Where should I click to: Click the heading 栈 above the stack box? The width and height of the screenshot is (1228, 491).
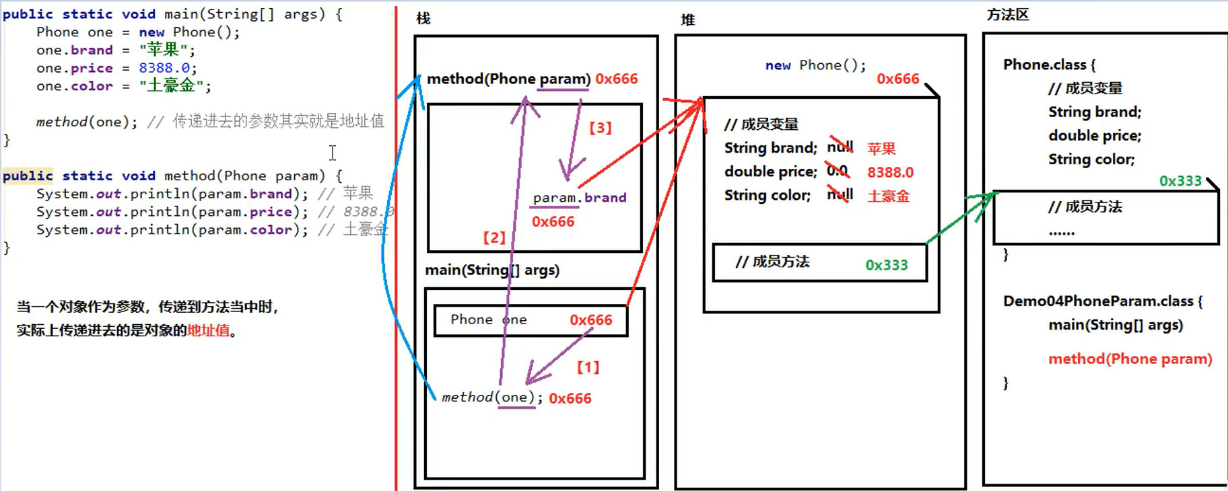[x=423, y=19]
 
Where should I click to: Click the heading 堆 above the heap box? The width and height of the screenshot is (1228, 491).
[x=687, y=20]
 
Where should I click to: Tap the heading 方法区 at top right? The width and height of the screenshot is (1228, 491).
[x=1007, y=15]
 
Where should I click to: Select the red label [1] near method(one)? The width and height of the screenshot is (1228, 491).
[x=588, y=367]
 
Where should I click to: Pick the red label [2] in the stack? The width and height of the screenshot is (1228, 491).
[x=494, y=237]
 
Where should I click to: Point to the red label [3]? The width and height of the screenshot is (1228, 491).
[x=601, y=128]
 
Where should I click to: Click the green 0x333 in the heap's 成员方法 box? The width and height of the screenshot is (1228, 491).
[x=886, y=265]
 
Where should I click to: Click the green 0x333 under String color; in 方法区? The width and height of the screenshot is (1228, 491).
[x=1180, y=181]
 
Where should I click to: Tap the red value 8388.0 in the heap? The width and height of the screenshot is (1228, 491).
[x=890, y=172]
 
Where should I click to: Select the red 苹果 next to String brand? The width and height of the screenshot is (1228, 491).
[x=881, y=149]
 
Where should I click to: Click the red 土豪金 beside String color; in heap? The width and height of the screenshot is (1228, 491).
[x=889, y=196]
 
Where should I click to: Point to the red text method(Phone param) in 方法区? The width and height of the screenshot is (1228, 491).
[x=1130, y=359]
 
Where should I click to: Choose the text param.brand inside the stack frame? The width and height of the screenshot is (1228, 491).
[x=579, y=198]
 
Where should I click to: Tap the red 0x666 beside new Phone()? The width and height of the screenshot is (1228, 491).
[x=897, y=79]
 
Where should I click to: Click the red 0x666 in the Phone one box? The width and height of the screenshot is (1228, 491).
[x=590, y=320]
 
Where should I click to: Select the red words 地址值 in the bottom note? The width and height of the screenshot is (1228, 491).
[x=208, y=331]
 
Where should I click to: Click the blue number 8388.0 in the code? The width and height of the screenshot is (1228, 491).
[x=165, y=68]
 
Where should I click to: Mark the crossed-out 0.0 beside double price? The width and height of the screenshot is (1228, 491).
[x=838, y=172]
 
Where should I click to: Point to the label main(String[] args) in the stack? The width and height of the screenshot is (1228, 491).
[x=492, y=270]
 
